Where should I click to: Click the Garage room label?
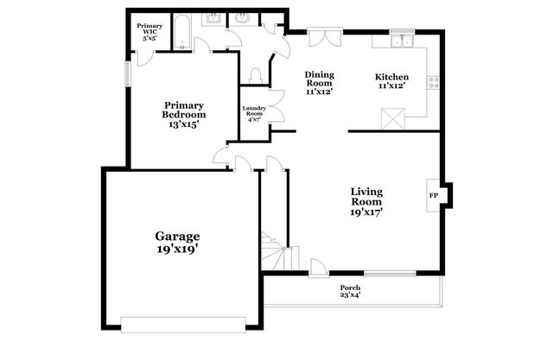177,236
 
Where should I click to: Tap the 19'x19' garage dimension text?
177,249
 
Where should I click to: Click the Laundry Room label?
253,111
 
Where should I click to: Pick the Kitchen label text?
391,78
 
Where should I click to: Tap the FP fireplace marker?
434,196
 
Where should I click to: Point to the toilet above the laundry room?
255,75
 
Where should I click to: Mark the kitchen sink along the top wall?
401,41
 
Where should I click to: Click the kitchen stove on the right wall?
433,83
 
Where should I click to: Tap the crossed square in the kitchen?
393,117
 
